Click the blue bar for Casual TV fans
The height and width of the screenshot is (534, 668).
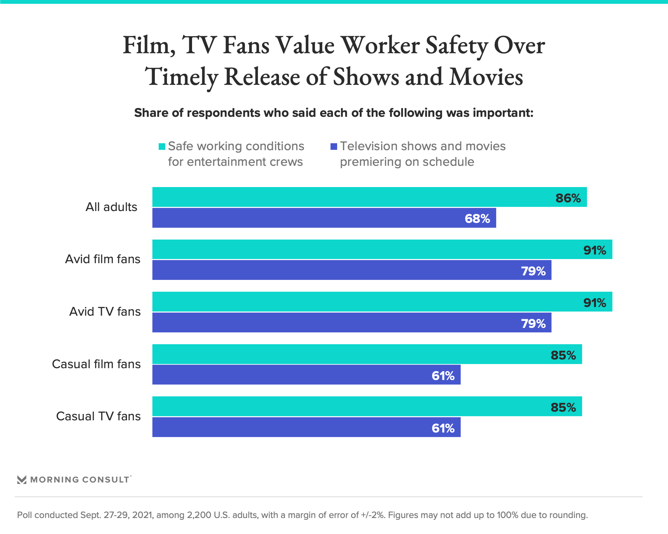coord(306,427)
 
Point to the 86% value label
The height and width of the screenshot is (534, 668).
coord(568,198)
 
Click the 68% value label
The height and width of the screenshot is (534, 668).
coord(477,219)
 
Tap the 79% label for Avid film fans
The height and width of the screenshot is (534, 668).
coord(533,271)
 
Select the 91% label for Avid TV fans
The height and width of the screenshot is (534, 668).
coord(595,303)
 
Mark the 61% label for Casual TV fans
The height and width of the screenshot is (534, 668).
coord(443,428)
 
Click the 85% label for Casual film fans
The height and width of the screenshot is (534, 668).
coord(563,355)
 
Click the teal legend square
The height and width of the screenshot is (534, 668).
coord(162,147)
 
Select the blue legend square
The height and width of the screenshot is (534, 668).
coord(334,147)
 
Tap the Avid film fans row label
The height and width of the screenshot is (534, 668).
coord(103,259)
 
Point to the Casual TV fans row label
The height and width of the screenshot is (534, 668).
coord(98,416)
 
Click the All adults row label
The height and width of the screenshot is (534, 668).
coord(111,207)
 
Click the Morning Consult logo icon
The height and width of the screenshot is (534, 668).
coord(22,480)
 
